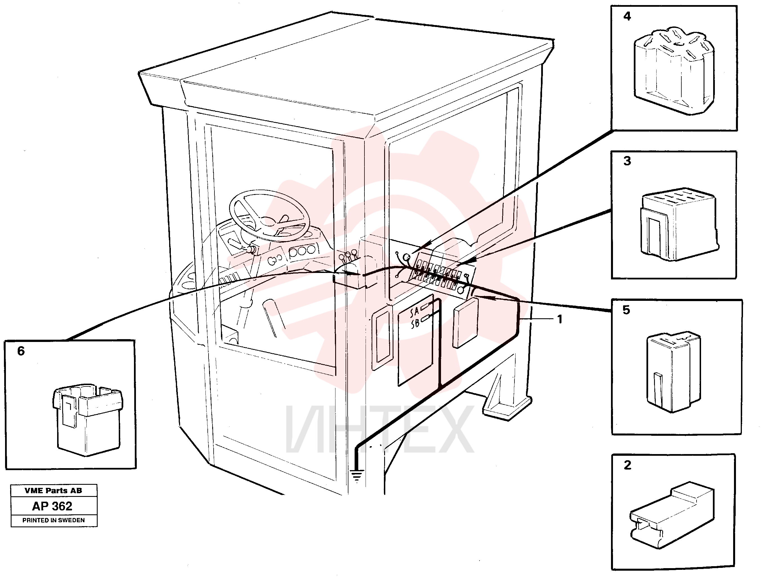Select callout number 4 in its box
[x=627, y=16]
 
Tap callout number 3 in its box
[x=627, y=161]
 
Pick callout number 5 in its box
[x=626, y=310]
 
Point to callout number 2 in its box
[x=627, y=465]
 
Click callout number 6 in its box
[x=21, y=351]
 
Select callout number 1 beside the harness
[x=560, y=319]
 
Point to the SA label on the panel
[x=415, y=312]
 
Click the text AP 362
[x=52, y=506]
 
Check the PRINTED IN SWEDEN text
[x=54, y=520]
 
